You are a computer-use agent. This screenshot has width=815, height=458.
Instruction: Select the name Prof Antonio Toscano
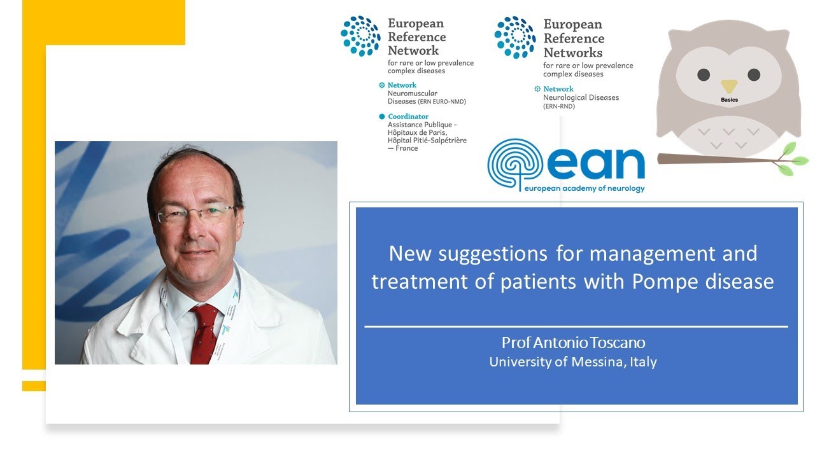click(x=573, y=343)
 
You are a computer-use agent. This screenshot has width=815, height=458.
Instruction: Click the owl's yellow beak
click(x=728, y=86)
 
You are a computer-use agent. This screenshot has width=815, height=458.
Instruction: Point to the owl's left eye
click(x=704, y=74)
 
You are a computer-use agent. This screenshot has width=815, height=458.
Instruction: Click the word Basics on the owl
click(x=729, y=101)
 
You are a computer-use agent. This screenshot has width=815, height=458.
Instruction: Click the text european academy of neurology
click(x=584, y=188)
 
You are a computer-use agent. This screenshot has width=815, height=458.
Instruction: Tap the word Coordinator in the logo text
click(x=408, y=116)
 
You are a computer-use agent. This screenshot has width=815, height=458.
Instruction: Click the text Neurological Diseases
click(x=581, y=98)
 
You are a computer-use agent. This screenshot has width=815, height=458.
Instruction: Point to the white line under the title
click(x=576, y=326)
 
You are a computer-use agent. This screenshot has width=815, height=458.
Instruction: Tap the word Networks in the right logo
click(x=573, y=52)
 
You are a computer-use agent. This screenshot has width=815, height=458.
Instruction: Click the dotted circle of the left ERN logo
click(x=360, y=36)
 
